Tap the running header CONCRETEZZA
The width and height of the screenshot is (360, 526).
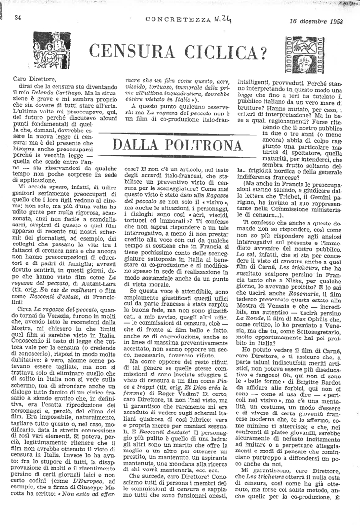click(x=174, y=20)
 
